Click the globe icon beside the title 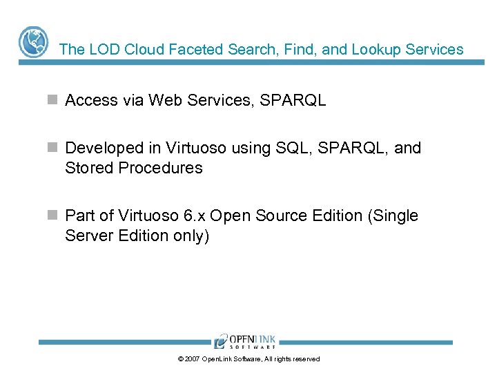(32, 42)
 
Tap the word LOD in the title (99, 50)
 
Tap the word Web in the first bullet (163, 101)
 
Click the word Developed (101, 148)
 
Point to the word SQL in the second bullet (291, 148)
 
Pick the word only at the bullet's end (189, 236)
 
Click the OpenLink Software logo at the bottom (244, 341)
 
